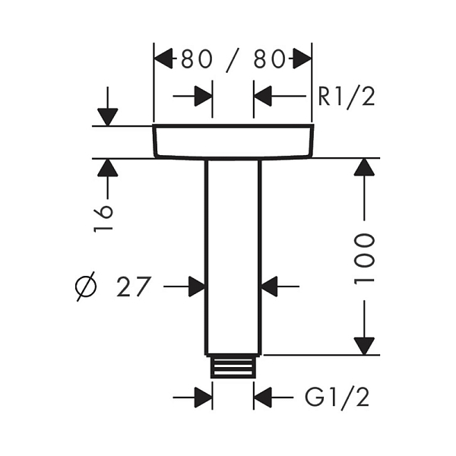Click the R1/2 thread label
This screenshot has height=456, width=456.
pyautogui.click(x=346, y=97)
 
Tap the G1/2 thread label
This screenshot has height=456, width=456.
pyautogui.click(x=337, y=397)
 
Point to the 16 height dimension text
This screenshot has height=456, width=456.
pyautogui.click(x=103, y=218)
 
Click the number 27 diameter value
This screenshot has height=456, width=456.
pyautogui.click(x=134, y=287)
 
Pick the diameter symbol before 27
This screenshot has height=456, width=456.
pyautogui.click(x=86, y=287)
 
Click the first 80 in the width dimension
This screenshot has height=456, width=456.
pyautogui.click(x=197, y=59)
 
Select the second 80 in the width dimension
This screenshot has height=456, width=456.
pyautogui.click(x=269, y=59)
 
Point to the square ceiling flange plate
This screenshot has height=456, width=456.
pyautogui.click(x=233, y=141)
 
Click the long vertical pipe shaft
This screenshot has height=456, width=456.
pyautogui.click(x=233, y=258)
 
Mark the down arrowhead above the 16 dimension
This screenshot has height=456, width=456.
pyautogui.click(x=108, y=117)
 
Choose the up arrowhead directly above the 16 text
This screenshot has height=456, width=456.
pyautogui.click(x=108, y=167)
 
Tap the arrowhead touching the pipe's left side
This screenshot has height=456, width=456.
pyautogui.click(x=197, y=287)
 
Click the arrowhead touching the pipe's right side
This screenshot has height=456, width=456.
pyautogui.click(x=270, y=287)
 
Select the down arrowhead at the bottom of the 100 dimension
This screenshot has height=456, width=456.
pyautogui.click(x=364, y=346)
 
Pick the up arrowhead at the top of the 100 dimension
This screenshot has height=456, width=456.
pyautogui.click(x=364, y=167)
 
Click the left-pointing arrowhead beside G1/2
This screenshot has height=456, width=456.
pyautogui.click(x=263, y=397)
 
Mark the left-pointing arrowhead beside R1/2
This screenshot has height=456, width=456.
pyautogui.click(x=263, y=96)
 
